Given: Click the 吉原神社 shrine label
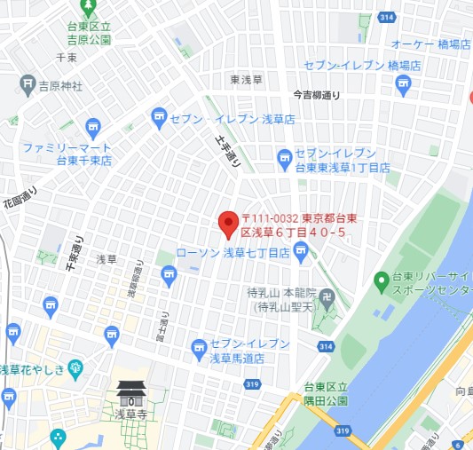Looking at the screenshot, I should tap(60, 86).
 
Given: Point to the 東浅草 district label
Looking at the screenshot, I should tap(248, 80).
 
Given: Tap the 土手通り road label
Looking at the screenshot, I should tap(229, 150).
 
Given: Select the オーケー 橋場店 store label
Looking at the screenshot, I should tap(430, 43).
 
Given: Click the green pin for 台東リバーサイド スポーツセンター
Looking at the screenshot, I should tap(382, 281).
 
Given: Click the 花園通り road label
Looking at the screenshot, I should tap(20, 205).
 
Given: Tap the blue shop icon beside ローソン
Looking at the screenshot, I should tap(302, 254).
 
